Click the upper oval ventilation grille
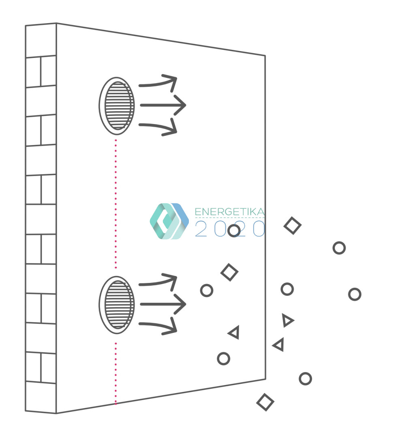click(x=117, y=105)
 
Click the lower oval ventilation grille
click(x=117, y=305)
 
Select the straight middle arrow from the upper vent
click(x=162, y=105)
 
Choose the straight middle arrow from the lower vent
click(x=162, y=304)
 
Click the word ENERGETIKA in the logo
click(x=229, y=212)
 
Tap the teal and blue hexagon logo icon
click(x=169, y=221)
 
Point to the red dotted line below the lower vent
click(x=116, y=373)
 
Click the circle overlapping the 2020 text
click(x=234, y=231)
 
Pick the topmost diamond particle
click(x=292, y=226)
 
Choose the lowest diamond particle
click(x=265, y=402)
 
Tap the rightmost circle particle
click(x=355, y=294)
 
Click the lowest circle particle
click(x=305, y=379)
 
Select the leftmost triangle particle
click(x=234, y=333)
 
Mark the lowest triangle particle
click(x=279, y=345)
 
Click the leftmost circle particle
click(x=207, y=290)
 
